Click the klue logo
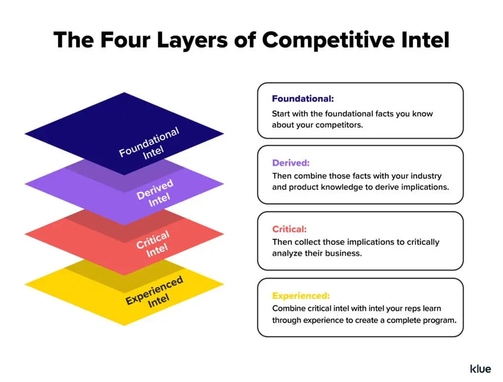click(x=480, y=368)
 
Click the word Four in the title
click(x=124, y=40)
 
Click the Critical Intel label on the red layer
click(x=154, y=243)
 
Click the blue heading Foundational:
click(x=303, y=99)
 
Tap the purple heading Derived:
click(x=291, y=163)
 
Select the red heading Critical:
click(x=289, y=229)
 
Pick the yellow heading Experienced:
click(x=301, y=296)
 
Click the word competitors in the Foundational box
click(x=338, y=125)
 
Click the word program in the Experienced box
click(x=439, y=320)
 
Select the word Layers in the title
click(x=196, y=40)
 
